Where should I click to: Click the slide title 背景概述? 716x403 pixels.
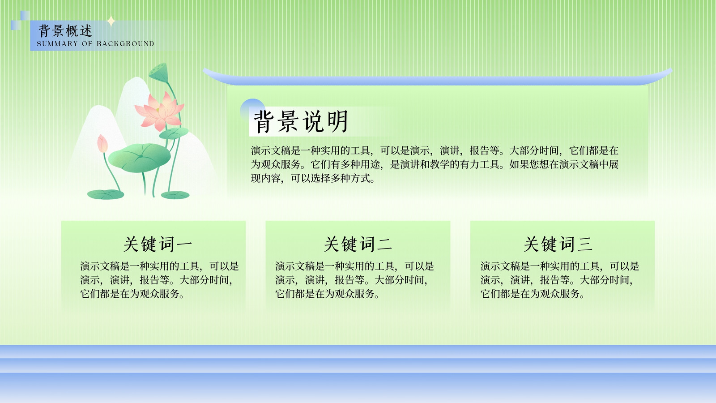coord(65,31)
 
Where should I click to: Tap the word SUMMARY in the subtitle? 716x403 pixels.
coord(57,44)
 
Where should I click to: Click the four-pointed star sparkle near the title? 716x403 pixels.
coord(111,21)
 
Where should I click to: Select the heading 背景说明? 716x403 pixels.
coord(301,121)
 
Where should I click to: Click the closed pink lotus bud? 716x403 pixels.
coord(102,144)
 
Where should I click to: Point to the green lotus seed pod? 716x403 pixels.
coord(158,72)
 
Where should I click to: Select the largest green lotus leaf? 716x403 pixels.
coord(139,158)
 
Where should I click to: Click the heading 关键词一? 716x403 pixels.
coord(158,244)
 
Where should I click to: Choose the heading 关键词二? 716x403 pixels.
coord(358,244)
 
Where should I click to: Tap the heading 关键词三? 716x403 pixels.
coord(558,244)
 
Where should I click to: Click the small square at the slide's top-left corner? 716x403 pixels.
coord(25,16)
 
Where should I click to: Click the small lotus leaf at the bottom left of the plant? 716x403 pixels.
coord(106,194)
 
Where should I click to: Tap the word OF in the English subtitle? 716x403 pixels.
coord(87,44)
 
